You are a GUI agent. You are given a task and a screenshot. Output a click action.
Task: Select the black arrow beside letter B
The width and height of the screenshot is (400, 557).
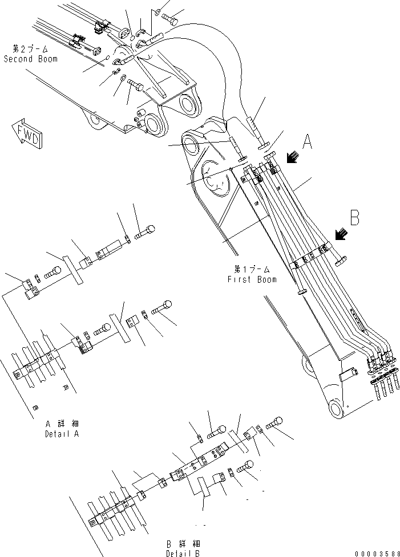tap(341, 234)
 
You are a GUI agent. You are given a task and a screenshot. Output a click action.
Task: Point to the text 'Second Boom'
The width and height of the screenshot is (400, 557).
tap(31, 59)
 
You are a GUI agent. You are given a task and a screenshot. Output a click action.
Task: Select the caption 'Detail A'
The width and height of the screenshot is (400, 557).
tap(62, 433)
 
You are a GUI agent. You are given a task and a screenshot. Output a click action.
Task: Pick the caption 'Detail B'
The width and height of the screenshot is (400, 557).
tap(183, 553)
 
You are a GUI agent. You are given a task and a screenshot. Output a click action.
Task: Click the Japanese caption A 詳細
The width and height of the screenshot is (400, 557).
tap(62, 424)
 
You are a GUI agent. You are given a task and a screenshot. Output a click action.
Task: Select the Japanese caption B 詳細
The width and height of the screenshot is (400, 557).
tap(183, 544)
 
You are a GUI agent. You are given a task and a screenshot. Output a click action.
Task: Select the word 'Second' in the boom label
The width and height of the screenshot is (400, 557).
tap(15, 59)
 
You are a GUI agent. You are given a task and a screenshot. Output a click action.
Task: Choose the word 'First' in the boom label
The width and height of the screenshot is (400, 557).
tap(238, 279)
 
